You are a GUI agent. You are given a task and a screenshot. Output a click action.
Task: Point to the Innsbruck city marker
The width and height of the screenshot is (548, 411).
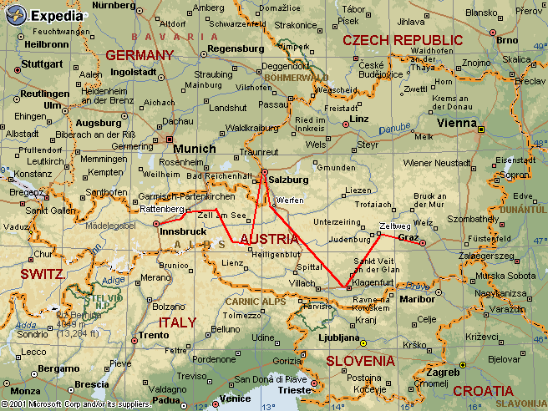click(x=156, y=223)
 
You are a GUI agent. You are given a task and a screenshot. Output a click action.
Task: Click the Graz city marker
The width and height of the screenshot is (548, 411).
click(x=422, y=243)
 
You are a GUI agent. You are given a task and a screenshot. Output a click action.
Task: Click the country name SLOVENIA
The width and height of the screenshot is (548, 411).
click(x=359, y=361)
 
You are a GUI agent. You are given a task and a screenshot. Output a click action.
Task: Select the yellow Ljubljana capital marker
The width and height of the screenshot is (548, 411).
click(x=363, y=342)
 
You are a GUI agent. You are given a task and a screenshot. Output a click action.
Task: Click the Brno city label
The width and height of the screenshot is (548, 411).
click(x=506, y=39)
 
